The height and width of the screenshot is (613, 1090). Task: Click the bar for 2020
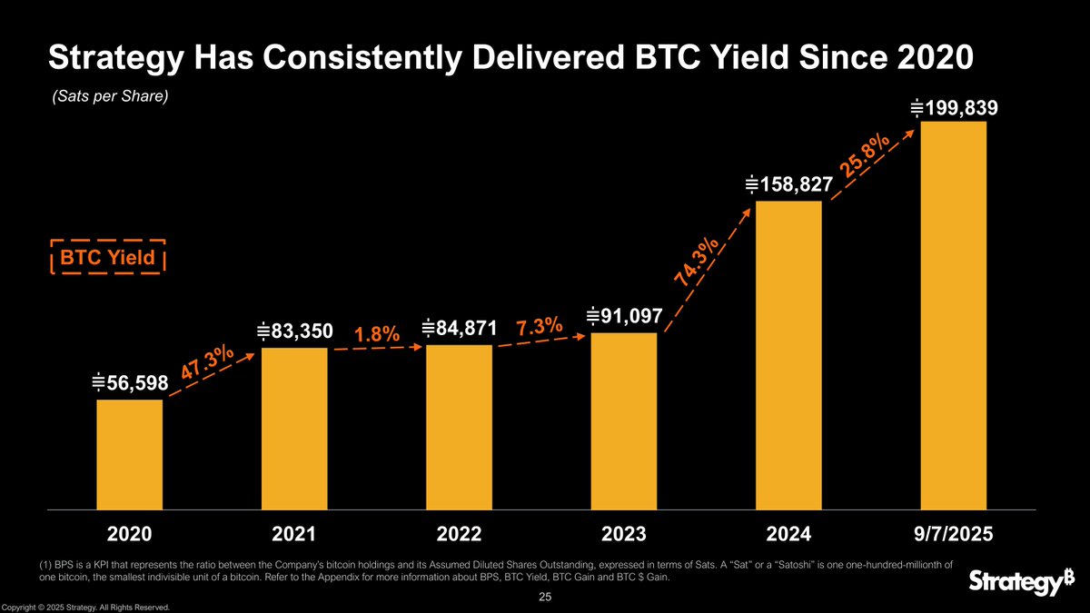click(130, 454)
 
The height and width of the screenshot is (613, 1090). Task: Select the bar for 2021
click(294, 428)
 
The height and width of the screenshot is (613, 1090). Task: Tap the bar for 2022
click(459, 427)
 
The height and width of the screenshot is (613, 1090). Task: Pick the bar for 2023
click(623, 420)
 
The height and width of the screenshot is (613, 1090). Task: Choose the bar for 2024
click(788, 354)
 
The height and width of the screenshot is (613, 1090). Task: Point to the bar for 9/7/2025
click(954, 314)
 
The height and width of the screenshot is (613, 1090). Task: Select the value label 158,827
click(788, 185)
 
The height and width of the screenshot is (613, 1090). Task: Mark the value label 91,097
click(624, 316)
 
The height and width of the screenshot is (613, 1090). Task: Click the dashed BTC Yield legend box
click(106, 257)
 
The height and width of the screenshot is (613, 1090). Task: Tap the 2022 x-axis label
click(459, 534)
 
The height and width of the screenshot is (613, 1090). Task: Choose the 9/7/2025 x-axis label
click(954, 534)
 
